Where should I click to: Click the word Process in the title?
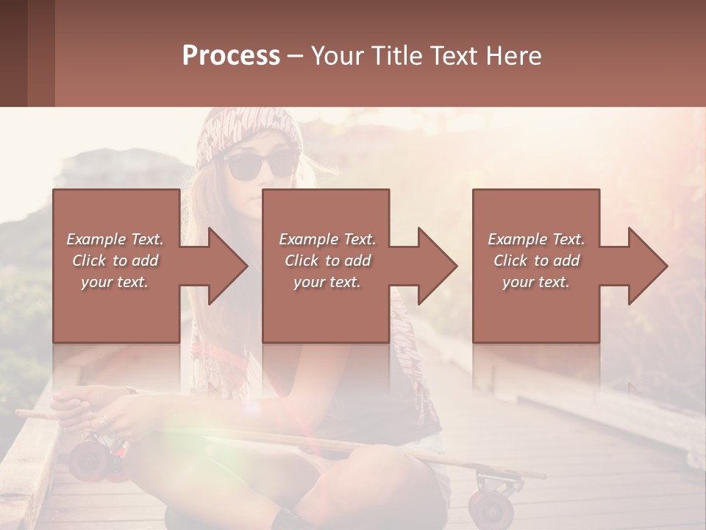pos(231,56)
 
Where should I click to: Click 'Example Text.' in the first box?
pos(115,239)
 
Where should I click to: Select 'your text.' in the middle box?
pos(327,282)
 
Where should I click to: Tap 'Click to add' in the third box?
pos(536,261)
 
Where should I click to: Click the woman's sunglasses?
pos(261,165)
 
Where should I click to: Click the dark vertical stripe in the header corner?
pos(41,53)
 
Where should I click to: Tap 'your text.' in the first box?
pos(115,282)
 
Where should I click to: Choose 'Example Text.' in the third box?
pos(536,239)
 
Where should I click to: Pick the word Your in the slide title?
pos(335,56)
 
